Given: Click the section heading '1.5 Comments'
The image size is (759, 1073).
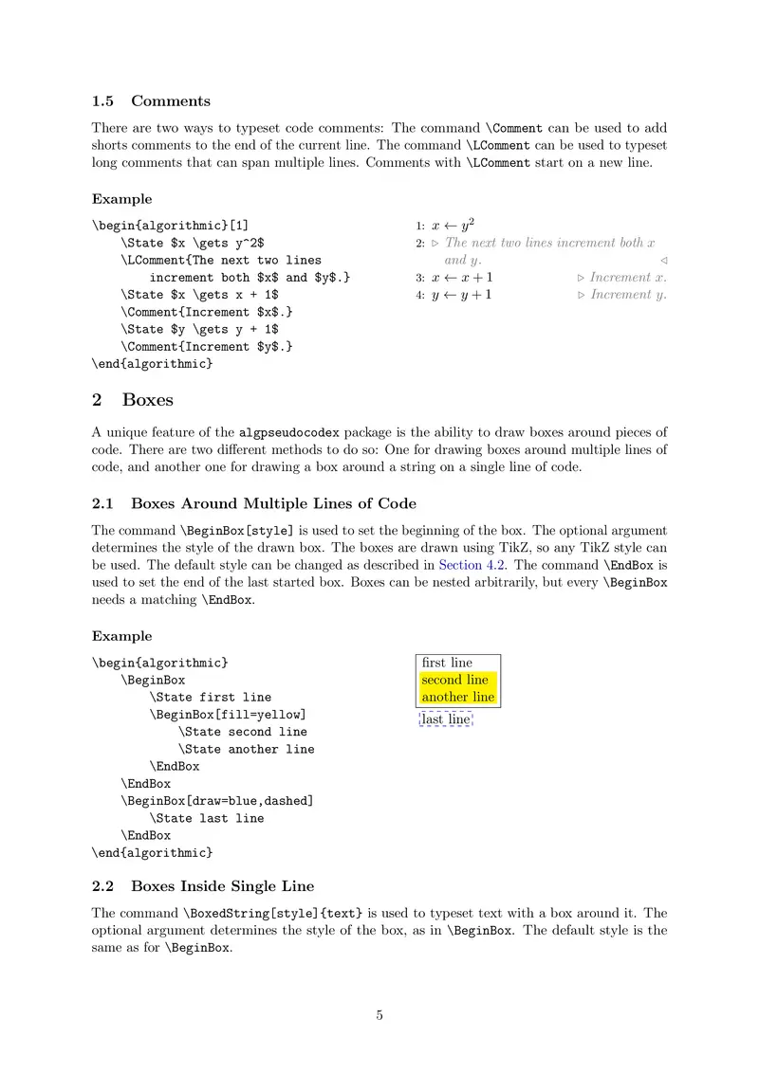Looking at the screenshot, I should click(151, 101).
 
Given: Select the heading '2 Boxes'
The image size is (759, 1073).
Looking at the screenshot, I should click(132, 400).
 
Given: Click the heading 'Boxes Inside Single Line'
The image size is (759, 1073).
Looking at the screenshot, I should click(222, 886).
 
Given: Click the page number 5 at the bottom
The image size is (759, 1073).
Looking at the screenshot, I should click(379, 1015).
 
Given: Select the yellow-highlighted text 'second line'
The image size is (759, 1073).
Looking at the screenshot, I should click(455, 680).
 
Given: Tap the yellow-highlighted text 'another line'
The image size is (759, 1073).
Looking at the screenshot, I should click(458, 697).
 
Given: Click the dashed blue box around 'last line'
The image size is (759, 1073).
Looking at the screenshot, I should click(446, 719).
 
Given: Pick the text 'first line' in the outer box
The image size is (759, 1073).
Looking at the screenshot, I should click(447, 663).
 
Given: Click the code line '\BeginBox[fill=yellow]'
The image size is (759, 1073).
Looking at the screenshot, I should click(228, 714).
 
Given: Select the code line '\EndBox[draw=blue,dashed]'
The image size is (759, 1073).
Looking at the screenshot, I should click(216, 800).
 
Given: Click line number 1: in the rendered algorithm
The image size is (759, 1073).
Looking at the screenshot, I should click(419, 227).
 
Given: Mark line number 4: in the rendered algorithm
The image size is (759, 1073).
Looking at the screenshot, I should click(419, 296).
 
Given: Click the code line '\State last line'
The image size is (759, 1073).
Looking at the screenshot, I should click(207, 818).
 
